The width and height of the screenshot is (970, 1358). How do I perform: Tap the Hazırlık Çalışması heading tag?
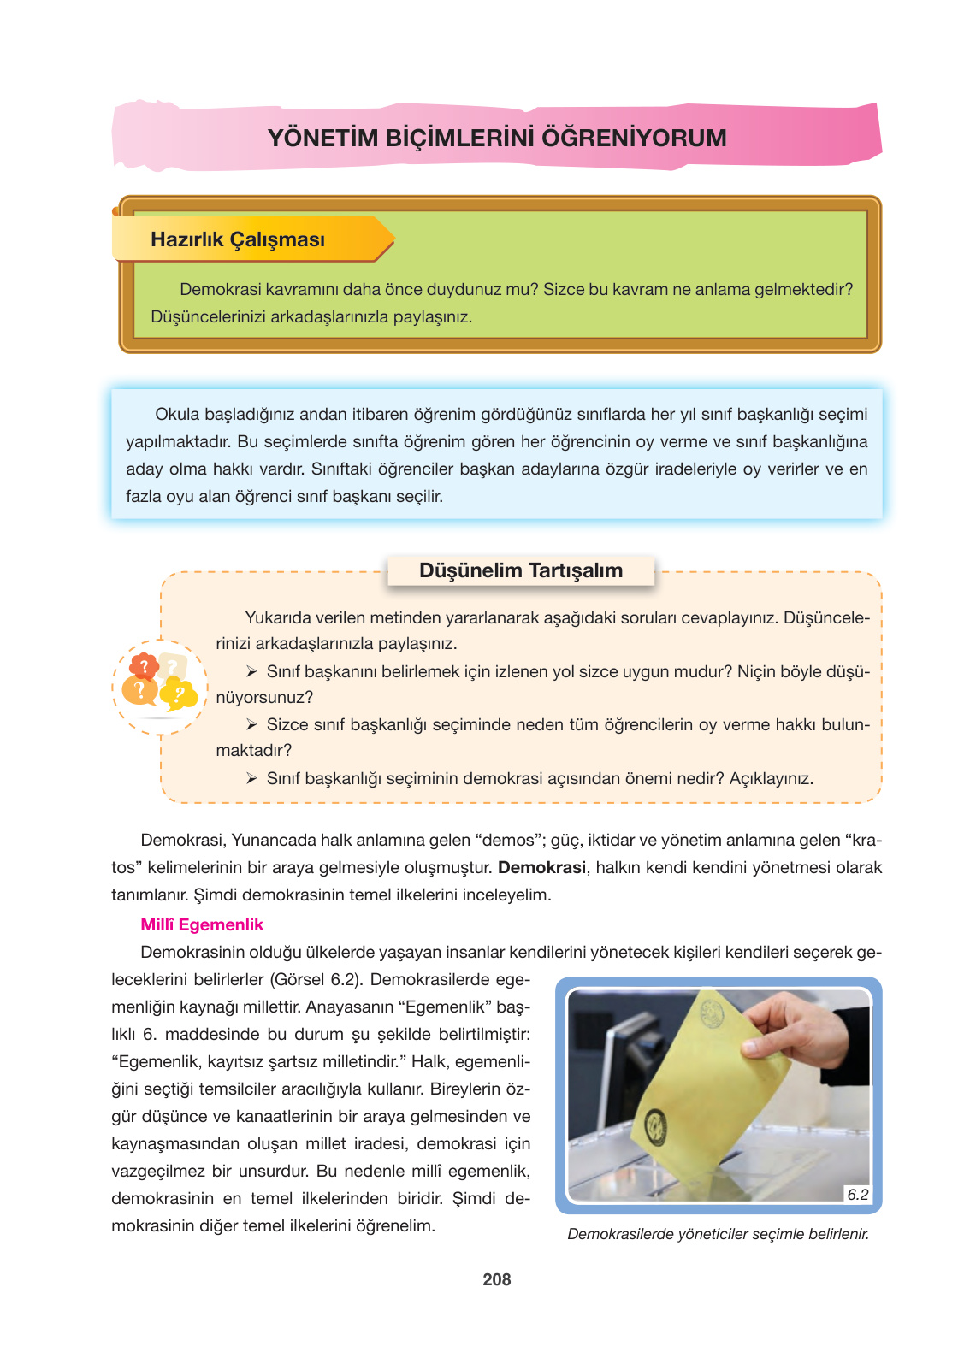pyautogui.click(x=238, y=239)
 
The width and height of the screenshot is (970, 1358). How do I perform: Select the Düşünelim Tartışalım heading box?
pyautogui.click(x=521, y=571)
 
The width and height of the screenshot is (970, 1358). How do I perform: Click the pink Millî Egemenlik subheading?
pyautogui.click(x=202, y=924)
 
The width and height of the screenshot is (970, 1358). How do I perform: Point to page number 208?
pyautogui.click(x=496, y=1279)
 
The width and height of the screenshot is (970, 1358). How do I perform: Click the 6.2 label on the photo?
pyautogui.click(x=857, y=1195)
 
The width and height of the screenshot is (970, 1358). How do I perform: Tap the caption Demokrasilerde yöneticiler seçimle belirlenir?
pyautogui.click(x=718, y=1234)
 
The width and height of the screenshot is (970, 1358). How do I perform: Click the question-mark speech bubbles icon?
pyautogui.click(x=159, y=685)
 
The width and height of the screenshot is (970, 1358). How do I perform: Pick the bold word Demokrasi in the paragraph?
pyautogui.click(x=541, y=867)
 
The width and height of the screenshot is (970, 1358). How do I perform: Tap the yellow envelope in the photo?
pyautogui.click(x=701, y=1086)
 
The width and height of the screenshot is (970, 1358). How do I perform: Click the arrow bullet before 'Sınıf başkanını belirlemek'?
pyautogui.click(x=251, y=671)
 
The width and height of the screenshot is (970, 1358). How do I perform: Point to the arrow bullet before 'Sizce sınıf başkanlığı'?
pyautogui.click(x=251, y=724)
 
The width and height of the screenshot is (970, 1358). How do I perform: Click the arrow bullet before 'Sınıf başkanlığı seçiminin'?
pyautogui.click(x=251, y=778)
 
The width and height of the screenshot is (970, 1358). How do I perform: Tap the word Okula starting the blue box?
pyautogui.click(x=177, y=415)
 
